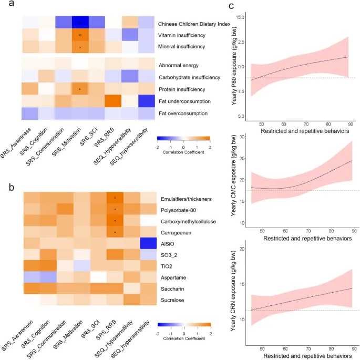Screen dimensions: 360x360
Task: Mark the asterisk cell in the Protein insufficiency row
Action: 80,88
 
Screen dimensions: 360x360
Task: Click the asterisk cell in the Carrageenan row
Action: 114,232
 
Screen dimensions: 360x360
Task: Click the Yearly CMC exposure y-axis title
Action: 233,181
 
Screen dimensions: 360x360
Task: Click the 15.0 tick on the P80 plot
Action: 242,17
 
